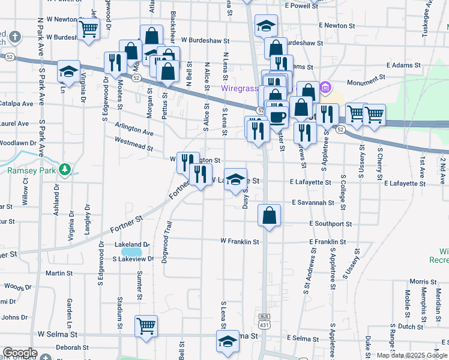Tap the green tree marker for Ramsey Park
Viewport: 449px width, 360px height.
click(65, 170)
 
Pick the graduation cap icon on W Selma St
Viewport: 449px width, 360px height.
click(228, 341)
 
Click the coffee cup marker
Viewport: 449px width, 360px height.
click(277, 116)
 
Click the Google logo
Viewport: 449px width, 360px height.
click(20, 353)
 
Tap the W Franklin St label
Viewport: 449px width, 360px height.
click(240, 242)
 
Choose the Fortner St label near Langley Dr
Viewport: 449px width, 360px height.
click(127, 226)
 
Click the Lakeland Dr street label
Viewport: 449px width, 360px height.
click(131, 245)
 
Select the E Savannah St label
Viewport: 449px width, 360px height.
click(312, 203)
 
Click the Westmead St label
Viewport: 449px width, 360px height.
click(134, 143)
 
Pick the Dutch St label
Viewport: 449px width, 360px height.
click(411, 327)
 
